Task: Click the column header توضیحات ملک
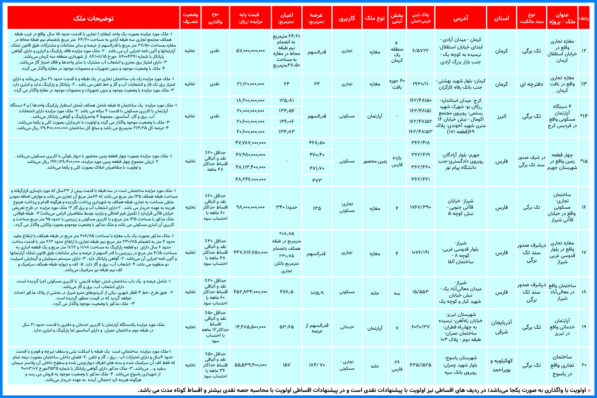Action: click(93, 18)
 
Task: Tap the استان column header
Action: click(501, 18)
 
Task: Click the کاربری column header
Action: click(347, 18)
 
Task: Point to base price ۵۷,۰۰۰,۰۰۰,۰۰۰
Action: click(250, 51)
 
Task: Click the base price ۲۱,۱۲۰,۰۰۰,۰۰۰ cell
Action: click(250, 84)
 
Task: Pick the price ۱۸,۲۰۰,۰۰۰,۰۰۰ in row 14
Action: click(250, 100)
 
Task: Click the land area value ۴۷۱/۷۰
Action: click(317, 168)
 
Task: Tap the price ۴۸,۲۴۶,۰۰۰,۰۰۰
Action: click(250, 179)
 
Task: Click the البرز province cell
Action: click(501, 116)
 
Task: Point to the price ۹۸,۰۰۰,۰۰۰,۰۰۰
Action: click(250, 207)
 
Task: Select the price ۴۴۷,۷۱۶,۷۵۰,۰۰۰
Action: click(250, 252)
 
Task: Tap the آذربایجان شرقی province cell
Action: click(501, 327)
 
